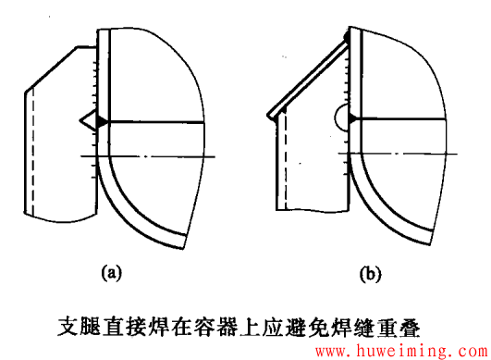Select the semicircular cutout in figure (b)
(x=341, y=118)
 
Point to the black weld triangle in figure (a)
(x=101, y=119)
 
